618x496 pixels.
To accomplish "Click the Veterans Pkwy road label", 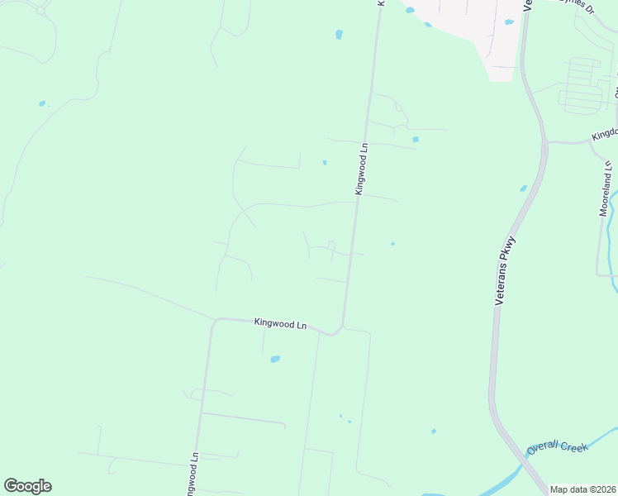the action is coord(505,272).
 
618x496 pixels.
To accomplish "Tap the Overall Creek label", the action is coord(558,447).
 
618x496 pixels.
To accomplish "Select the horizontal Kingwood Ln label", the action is coord(280,324).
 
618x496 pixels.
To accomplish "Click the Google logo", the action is coord(27,486).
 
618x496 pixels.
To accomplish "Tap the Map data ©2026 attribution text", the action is coord(582,489).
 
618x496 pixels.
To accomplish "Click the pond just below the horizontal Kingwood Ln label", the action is coord(275,359).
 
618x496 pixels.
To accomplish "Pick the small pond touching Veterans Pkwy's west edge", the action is coord(524,188).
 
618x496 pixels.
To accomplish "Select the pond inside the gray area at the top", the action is coord(509,22).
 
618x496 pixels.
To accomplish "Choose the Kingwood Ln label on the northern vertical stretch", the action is coord(361,169).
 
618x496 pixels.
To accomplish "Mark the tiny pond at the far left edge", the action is coord(42,103).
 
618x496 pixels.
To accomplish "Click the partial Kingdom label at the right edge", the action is coord(604,135).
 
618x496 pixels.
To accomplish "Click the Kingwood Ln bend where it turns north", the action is coord(339,330).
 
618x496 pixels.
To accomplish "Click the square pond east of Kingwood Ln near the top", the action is coord(415,139).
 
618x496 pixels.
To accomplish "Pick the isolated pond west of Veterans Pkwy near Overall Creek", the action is coord(434,431).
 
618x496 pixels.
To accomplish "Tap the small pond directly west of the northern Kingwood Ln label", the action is coord(325,162).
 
